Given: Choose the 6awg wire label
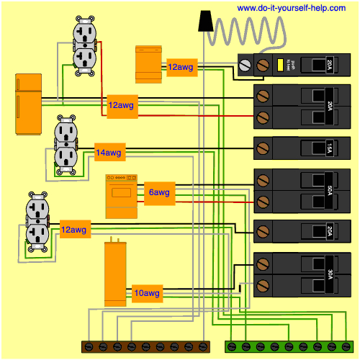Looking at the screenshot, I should click(159, 193).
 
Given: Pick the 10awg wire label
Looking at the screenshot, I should click(148, 293).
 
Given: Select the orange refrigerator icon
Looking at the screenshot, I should click(27, 104).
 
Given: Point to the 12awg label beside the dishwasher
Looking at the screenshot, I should click(180, 67).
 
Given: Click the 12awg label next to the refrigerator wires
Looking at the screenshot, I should click(121, 105).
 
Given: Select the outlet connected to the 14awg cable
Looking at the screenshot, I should click(66, 147).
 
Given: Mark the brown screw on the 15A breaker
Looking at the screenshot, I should click(263, 148).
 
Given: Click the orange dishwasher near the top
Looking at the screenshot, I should click(150, 63).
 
